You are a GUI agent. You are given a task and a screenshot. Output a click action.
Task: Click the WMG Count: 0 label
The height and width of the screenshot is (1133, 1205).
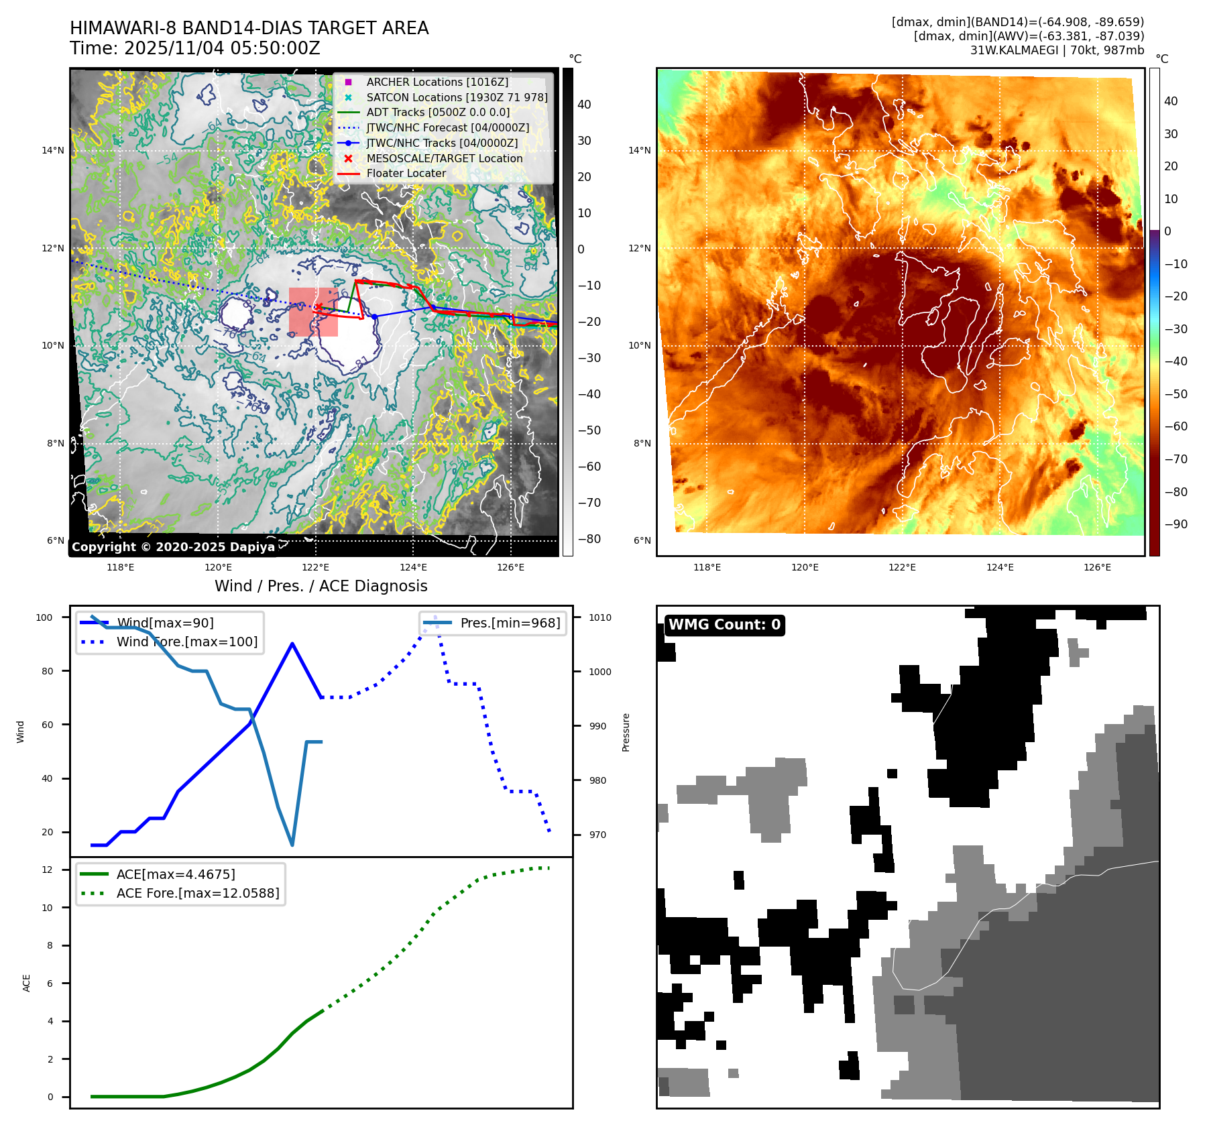[x=724, y=625]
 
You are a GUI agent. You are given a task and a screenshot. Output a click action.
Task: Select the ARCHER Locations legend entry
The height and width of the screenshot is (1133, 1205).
[x=437, y=82]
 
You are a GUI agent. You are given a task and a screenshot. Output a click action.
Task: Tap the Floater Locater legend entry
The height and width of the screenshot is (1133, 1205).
[x=406, y=173]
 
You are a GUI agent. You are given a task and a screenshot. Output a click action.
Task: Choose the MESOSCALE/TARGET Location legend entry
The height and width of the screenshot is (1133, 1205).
[x=444, y=158]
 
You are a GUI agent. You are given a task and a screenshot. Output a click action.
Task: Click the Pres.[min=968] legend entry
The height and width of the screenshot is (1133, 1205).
[x=510, y=623]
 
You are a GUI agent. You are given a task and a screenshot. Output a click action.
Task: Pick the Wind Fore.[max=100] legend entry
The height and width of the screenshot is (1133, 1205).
[x=186, y=642]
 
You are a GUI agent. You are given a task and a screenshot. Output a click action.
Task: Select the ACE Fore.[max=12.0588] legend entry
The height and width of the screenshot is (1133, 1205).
[x=197, y=893]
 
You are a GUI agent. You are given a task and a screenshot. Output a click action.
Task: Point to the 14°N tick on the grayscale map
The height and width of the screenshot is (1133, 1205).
[x=53, y=150]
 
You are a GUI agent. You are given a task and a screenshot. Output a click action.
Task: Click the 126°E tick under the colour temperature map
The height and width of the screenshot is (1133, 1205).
[x=1097, y=567]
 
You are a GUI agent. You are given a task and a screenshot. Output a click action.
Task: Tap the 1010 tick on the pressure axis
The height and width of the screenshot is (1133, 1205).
[x=600, y=617]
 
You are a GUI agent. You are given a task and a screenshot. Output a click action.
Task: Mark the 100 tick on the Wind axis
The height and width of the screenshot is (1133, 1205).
[x=44, y=617]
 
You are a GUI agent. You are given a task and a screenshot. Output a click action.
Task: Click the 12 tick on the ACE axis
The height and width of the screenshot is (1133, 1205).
[x=47, y=870]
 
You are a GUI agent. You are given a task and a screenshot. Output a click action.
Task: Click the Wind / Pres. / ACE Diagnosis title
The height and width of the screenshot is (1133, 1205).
[x=321, y=586]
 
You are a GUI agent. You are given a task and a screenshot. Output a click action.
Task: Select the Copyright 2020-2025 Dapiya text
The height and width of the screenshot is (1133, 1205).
[x=173, y=547]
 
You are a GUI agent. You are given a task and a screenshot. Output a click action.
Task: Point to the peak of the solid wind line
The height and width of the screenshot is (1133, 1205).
[x=292, y=644]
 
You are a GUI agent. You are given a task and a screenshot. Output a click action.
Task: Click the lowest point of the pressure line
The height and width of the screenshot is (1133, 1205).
[x=292, y=845]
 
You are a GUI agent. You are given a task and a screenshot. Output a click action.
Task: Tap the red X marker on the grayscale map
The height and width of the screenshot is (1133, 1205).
[x=319, y=307]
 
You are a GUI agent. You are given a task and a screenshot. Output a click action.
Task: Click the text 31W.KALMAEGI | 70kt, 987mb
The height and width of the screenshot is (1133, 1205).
[x=1057, y=50]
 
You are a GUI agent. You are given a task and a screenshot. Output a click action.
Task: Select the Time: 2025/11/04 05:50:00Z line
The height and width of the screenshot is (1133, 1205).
[x=195, y=48]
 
